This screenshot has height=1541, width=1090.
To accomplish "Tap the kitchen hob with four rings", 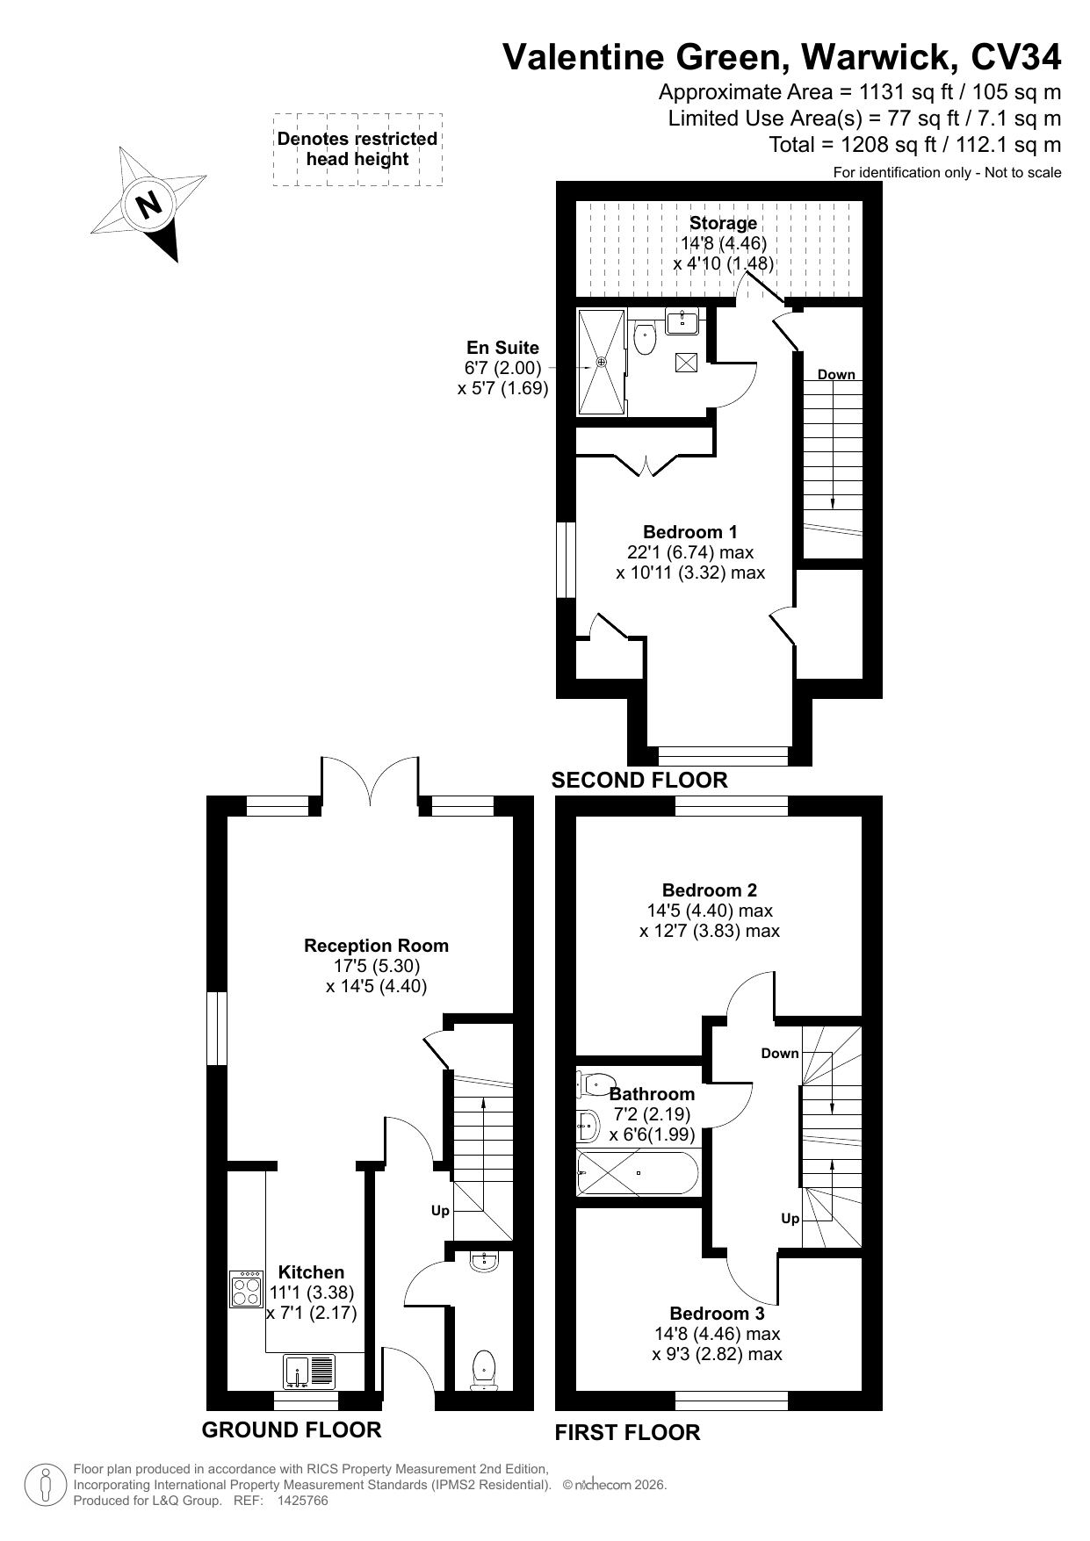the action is coord(246,1289).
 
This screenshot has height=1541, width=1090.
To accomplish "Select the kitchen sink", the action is coord(309,1371).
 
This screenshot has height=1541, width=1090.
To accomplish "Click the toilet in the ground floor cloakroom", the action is coord(484,1371).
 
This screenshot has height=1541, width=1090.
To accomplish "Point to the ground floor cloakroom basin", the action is coord(484,1262).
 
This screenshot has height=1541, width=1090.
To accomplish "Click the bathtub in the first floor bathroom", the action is coord(638,1173).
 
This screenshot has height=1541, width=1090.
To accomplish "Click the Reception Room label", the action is coord(376,946).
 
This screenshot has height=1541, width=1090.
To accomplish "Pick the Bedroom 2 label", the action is coord(710,890).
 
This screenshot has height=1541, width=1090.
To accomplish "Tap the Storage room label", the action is coord(723,223).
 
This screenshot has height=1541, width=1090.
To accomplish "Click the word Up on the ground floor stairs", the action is coord(440,1211).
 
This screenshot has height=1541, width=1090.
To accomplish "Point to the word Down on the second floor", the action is coord(836,374).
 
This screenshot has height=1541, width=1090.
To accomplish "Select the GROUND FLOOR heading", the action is coord(292,1429).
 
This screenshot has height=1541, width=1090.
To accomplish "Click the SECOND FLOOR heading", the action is coord(639,780).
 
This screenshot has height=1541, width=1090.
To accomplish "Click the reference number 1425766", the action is coord(302,1501).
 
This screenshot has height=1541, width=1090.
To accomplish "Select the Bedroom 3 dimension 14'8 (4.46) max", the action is coord(717,1334).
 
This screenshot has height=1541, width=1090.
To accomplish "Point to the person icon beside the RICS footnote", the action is coord(47,1484).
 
